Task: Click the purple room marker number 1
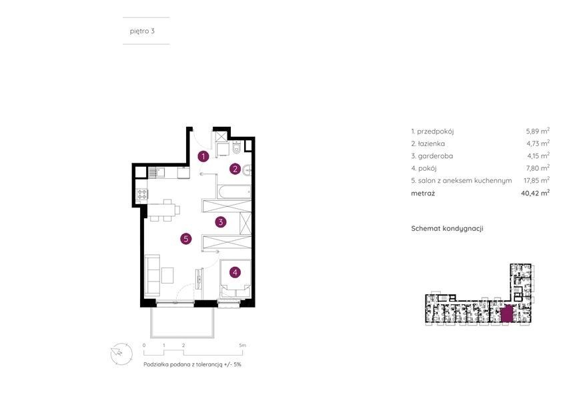pos(203,156)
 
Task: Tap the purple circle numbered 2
pos(235,169)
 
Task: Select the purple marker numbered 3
pos(221,222)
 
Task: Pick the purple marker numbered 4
pos(235,272)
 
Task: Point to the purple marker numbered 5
pos(186,239)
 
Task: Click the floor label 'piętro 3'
pos(142,31)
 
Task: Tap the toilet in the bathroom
pos(236,148)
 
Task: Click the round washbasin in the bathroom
pos(247,171)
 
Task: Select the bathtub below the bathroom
pos(233,191)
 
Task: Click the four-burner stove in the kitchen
pos(142,194)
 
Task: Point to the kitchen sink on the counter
pos(156,172)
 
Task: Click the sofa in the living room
pos(152,274)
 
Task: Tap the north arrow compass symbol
pos(121,353)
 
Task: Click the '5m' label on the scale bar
pos(243,346)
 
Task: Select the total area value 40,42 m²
pos(535,193)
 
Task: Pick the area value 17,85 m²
pos(536,181)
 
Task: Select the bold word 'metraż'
pos(423,193)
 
